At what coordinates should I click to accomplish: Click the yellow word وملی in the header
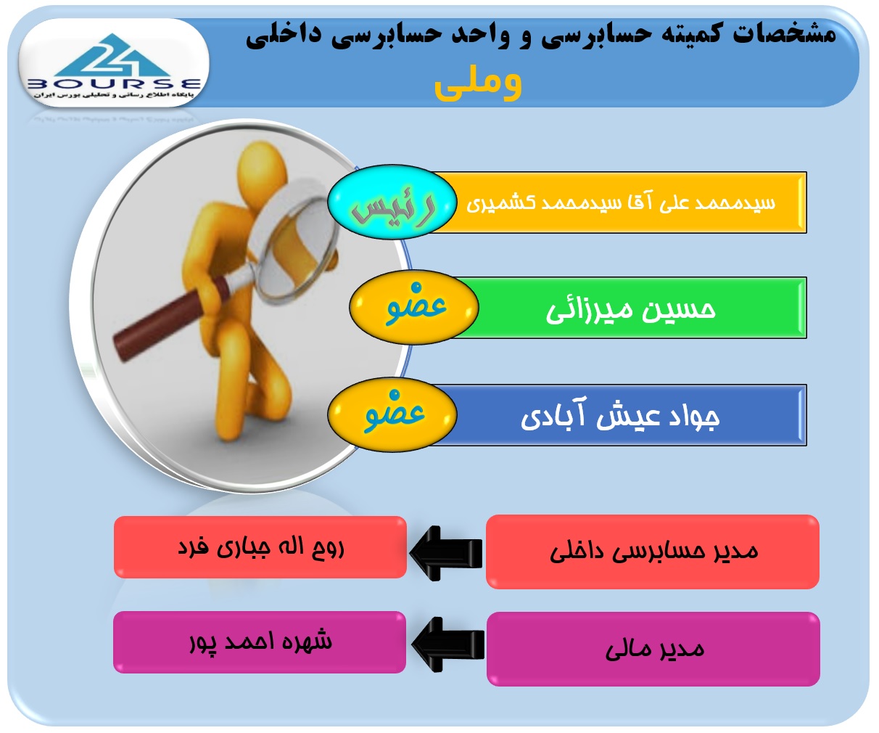tap(478, 85)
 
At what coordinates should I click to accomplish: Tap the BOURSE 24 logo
tap(114, 63)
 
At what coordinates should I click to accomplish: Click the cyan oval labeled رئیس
tap(392, 202)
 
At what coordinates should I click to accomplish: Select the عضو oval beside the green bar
tap(414, 307)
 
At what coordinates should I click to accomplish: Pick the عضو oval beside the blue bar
tap(392, 414)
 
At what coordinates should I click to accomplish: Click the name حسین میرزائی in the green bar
tap(631, 309)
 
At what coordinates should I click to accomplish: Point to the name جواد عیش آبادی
tap(620, 416)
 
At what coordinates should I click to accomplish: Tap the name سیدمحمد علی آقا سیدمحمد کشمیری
tap(621, 203)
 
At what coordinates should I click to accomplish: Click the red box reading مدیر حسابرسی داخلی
tap(653, 552)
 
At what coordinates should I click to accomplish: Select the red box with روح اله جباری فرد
tap(260, 547)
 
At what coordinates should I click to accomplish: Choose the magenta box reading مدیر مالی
tap(653, 649)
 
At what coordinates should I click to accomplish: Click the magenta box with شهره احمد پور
tap(260, 642)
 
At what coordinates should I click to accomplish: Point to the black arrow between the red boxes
tap(446, 553)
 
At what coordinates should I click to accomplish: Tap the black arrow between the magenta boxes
tap(448, 644)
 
